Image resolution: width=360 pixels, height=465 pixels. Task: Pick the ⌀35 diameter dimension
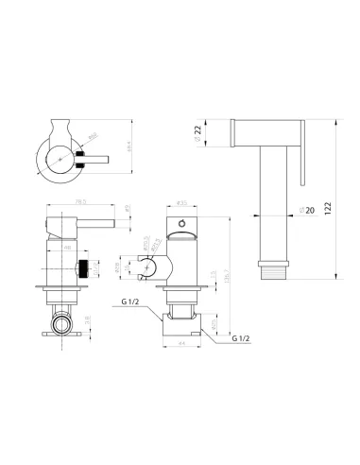coord(182,201)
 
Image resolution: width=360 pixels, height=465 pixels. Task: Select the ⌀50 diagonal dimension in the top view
coord(91,138)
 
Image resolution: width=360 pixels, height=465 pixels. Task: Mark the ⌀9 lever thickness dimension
coord(127,210)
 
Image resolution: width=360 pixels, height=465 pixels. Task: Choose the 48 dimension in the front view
coord(70,247)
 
